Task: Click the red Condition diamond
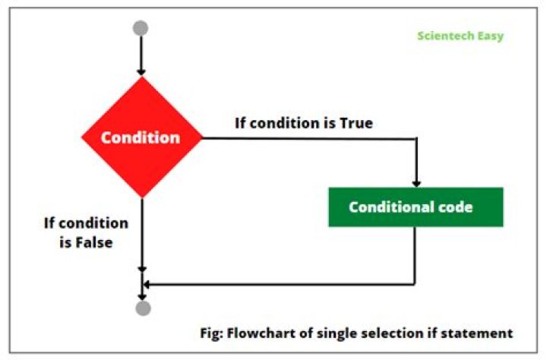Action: tap(142, 138)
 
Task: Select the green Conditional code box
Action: tap(416, 207)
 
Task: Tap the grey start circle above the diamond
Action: tap(141, 28)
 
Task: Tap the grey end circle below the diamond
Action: tap(142, 308)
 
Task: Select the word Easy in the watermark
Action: tap(491, 36)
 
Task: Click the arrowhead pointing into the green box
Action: tap(416, 183)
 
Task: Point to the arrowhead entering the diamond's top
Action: tap(141, 71)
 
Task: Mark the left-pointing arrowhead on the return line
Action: tap(147, 284)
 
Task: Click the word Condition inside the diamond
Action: tap(141, 138)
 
